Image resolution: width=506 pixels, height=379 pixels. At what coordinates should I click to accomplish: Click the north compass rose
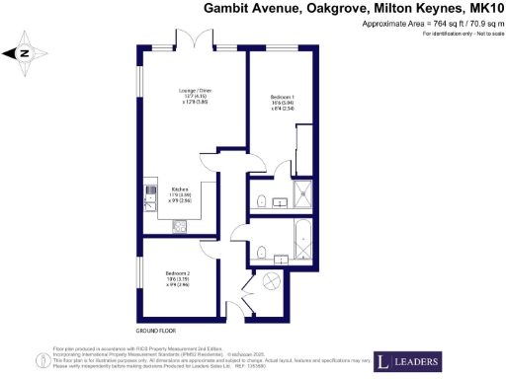coord(25,54)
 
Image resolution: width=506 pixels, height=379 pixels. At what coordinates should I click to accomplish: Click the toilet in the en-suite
coord(259,202)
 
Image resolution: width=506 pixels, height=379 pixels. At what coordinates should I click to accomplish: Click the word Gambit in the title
coord(229,9)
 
